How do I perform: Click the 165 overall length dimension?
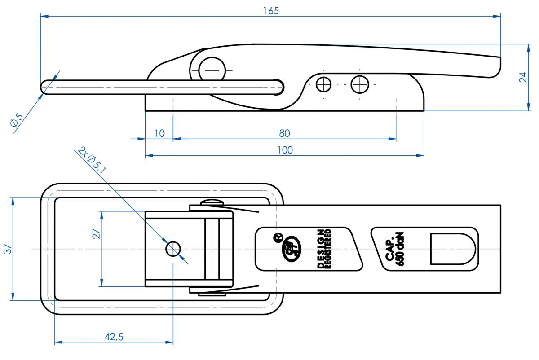[x=271, y=10]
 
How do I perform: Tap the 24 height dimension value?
[x=523, y=77]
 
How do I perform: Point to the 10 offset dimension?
[x=159, y=133]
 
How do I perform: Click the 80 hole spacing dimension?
[x=284, y=133]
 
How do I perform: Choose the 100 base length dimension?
[x=285, y=150]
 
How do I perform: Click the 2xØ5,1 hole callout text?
[x=92, y=160]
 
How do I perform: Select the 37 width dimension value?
[x=7, y=248]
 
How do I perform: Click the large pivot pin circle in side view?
[x=212, y=70]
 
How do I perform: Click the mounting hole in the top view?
[x=173, y=248]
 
